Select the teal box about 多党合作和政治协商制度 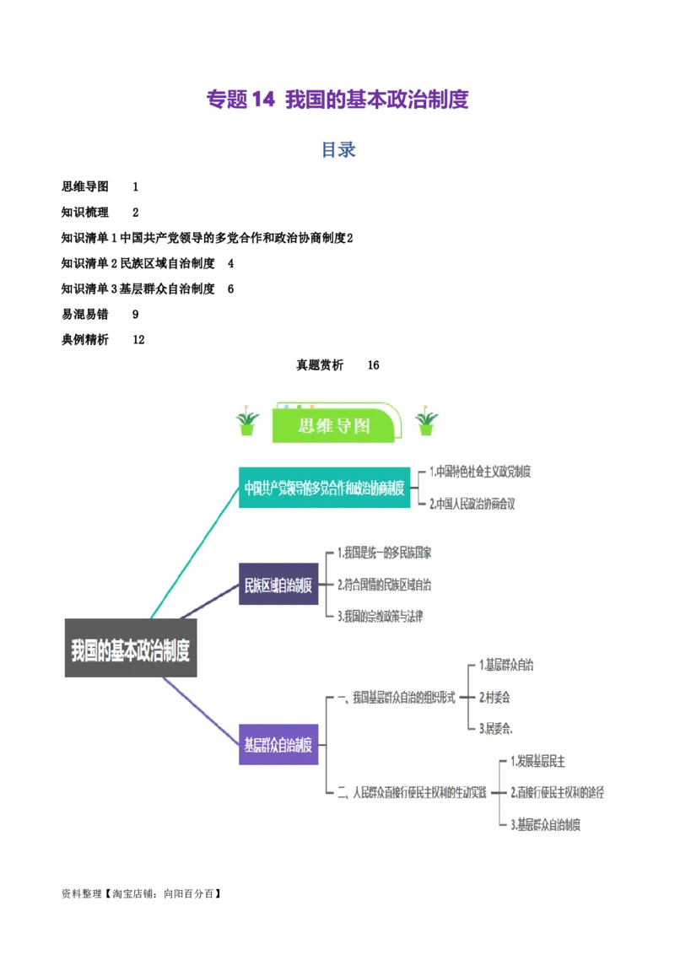(325, 488)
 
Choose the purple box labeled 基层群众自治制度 (278, 745)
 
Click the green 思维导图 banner (333, 426)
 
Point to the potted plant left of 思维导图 (247, 422)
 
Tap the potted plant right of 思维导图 (427, 421)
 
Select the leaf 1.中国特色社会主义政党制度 (479, 472)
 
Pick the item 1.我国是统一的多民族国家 (384, 553)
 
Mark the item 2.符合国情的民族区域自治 (384, 585)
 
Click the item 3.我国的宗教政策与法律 (380, 617)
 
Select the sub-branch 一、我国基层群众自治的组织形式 (396, 698)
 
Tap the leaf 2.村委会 (494, 698)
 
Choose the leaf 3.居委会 (496, 728)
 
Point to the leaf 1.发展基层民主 (537, 762)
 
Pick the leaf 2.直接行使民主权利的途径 (557, 792)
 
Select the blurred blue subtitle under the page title (337, 149)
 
